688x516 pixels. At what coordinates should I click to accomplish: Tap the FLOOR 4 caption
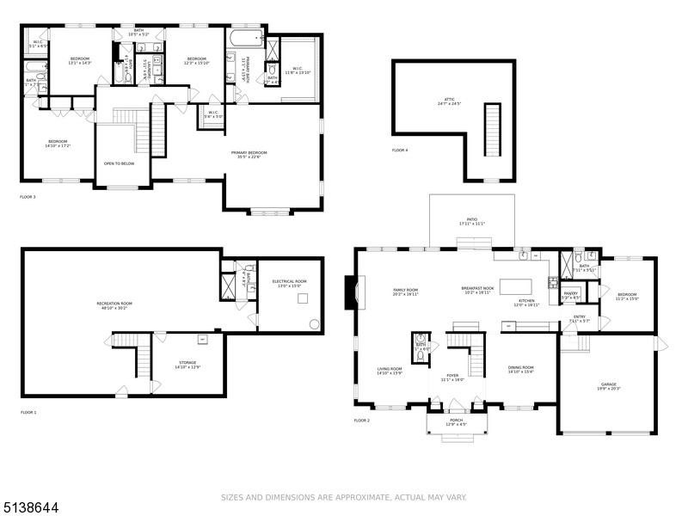(x=400, y=150)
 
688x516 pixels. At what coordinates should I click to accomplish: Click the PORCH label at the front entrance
(x=456, y=421)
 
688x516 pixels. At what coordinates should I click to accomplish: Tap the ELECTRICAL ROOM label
(x=289, y=283)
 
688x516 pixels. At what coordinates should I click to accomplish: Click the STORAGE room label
(x=187, y=365)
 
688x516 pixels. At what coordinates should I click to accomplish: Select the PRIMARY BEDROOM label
(x=249, y=154)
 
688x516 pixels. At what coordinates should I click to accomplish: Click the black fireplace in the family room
(x=347, y=292)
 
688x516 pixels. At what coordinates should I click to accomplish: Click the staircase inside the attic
(x=493, y=128)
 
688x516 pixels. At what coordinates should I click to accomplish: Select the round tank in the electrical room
(x=314, y=325)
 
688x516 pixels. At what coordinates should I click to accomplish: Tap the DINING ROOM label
(x=520, y=370)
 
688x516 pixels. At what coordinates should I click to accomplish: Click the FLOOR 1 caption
(x=28, y=413)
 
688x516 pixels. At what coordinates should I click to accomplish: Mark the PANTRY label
(x=571, y=295)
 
